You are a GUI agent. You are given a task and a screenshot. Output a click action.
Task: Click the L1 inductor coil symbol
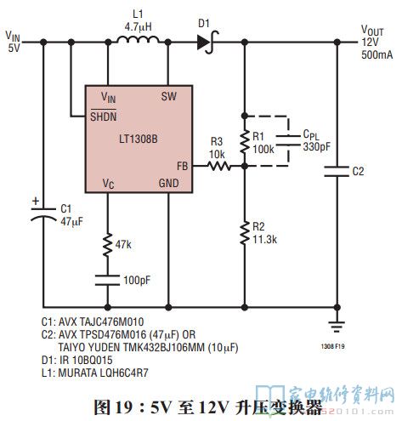138,40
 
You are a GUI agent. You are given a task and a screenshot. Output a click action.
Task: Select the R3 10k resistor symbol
219,166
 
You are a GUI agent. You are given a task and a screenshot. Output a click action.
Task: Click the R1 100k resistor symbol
245,141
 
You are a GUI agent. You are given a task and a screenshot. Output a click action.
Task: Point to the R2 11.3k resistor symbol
245,233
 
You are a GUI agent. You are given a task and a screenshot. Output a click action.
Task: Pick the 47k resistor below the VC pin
107,245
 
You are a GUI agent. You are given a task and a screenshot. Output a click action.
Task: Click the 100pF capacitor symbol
107,280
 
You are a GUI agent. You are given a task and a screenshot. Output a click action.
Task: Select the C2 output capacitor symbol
337,172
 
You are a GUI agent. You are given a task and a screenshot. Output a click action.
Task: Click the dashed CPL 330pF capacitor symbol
288,140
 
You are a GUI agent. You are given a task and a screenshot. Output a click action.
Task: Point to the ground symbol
337,327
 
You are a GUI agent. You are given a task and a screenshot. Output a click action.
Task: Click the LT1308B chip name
139,139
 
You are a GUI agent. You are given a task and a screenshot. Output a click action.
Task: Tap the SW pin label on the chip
169,96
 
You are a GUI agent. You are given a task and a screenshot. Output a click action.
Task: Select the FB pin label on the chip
183,166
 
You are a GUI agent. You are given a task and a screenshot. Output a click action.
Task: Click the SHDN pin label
104,117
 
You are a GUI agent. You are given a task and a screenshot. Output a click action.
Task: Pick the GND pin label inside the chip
169,183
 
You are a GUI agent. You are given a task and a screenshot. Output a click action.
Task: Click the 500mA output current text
377,54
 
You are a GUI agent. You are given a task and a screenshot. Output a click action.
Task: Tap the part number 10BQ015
93,360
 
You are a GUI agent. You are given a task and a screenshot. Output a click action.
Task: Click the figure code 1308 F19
332,346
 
